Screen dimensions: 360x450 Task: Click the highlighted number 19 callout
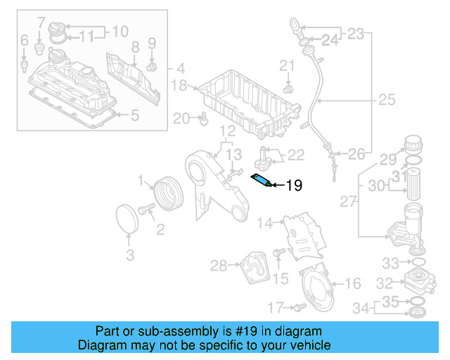pyautogui.click(x=293, y=186)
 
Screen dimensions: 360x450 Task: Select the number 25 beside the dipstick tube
pyautogui.click(x=387, y=101)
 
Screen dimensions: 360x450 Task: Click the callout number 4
pyautogui.click(x=181, y=69)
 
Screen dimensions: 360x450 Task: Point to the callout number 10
pyautogui.click(x=120, y=31)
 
